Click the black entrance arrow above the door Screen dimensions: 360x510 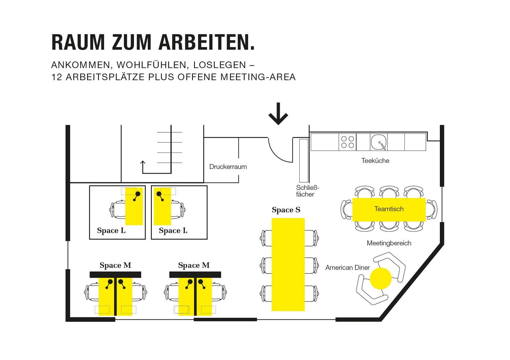point(278,114)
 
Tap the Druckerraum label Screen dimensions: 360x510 point(228,167)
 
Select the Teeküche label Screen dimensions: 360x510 point(375,161)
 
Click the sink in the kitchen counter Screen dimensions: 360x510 point(379,142)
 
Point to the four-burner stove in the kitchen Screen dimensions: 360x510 point(347,142)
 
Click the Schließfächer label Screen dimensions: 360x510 point(308,191)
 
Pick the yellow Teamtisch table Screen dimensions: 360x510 point(389,209)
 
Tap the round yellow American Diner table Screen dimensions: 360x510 point(381,278)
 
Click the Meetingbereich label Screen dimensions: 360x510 point(389,243)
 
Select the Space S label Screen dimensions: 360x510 point(286,210)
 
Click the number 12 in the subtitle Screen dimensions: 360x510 point(56,77)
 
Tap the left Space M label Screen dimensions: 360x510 point(115,265)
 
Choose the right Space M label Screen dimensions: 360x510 point(194,265)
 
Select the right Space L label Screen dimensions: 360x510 point(173,231)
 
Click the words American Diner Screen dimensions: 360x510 point(347,268)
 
